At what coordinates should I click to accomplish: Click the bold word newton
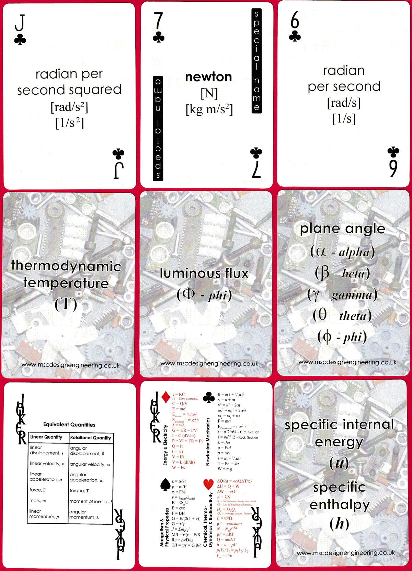[208, 77]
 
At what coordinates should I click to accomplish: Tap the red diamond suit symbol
[166, 397]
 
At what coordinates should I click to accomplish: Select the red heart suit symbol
[208, 484]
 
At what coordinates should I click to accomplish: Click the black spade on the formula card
[165, 484]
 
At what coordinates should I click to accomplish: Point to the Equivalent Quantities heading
[69, 424]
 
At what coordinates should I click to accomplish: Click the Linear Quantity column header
[46, 437]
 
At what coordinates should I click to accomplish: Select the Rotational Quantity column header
[91, 438]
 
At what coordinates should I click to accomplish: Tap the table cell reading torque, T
[79, 491]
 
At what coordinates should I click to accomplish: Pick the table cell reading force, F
[38, 490]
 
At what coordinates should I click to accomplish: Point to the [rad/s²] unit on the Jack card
[69, 107]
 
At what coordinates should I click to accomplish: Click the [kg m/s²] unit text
[209, 109]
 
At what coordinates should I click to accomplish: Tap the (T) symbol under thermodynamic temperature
[66, 304]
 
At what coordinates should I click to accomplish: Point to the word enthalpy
[339, 505]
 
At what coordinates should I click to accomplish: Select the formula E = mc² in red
[179, 409]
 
